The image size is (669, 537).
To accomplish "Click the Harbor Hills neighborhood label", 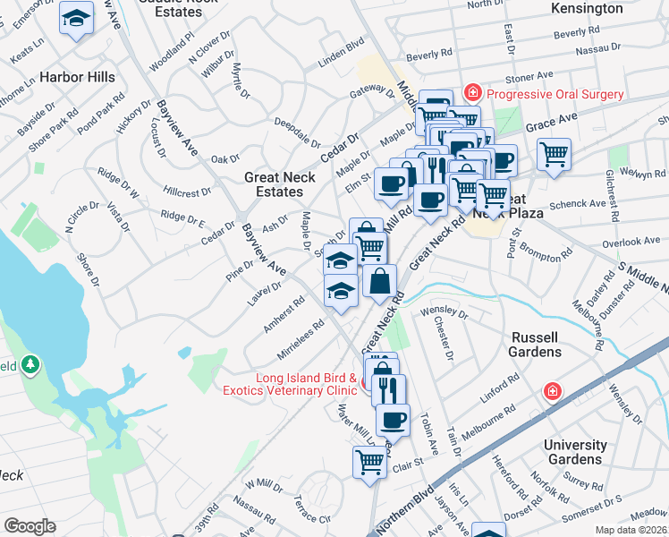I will point(76,78).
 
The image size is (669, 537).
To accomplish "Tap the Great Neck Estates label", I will point(280,184).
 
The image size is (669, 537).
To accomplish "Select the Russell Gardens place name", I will point(547,345).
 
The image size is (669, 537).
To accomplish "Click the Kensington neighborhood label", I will point(587,8).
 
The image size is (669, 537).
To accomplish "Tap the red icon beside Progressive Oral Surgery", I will point(471,94).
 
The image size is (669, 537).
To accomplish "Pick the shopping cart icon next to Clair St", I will point(370,463).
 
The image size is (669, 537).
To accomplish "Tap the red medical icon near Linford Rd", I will point(553,392).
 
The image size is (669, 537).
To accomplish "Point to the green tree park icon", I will point(31,364).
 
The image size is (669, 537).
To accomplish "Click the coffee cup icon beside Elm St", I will point(391,183).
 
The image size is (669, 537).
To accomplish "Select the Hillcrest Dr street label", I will point(188,191).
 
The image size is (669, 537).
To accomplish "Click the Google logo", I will point(30,526).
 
